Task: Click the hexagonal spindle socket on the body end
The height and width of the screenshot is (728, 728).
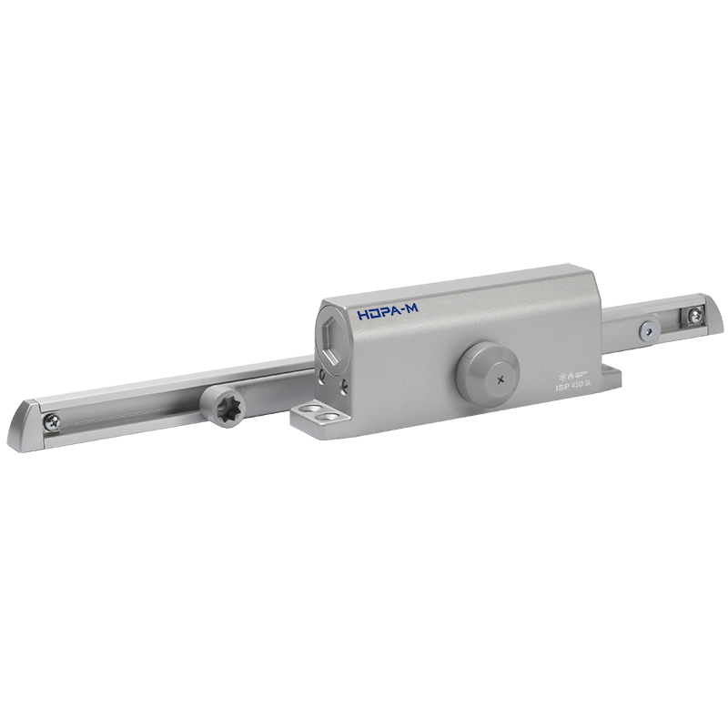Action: tap(333, 338)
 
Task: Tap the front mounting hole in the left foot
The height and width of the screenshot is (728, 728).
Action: tap(319, 420)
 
